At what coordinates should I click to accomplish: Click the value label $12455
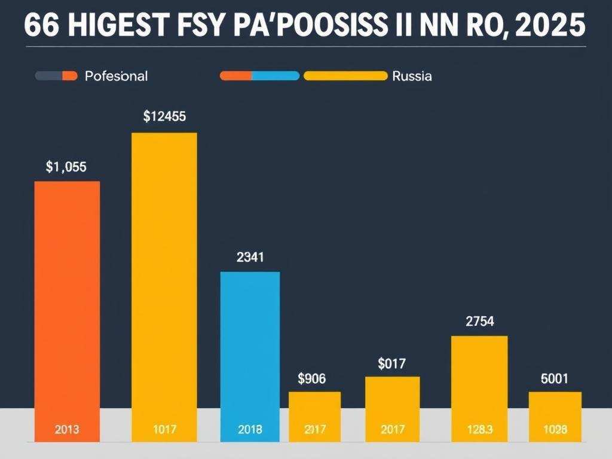point(164,117)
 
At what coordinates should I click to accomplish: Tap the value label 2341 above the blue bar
point(250,258)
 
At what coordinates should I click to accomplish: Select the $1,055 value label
point(66,167)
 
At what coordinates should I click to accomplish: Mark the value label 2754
point(479,322)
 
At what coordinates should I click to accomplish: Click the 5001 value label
point(555,378)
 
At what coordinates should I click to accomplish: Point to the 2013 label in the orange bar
point(66,429)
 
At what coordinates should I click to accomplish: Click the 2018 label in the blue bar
point(250,429)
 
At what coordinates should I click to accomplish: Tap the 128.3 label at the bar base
point(479,429)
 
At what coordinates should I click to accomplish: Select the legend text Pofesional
point(116,76)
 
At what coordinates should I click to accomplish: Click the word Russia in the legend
point(412,76)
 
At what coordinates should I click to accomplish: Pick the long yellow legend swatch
point(345,76)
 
